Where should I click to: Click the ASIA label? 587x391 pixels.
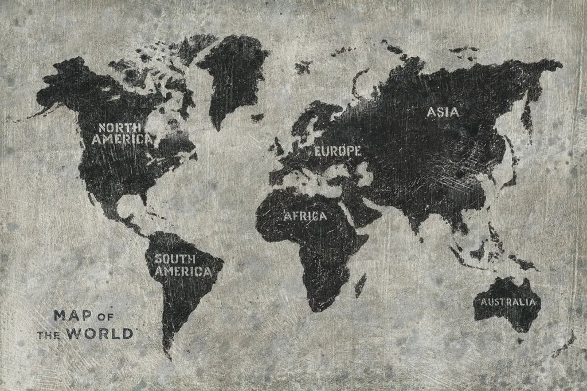[x=443, y=112]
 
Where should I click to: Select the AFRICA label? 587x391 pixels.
[x=306, y=216]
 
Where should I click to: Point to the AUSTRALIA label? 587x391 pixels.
[x=508, y=302]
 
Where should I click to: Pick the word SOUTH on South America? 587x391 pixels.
[x=174, y=259]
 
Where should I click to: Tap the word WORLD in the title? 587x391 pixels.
[x=100, y=334]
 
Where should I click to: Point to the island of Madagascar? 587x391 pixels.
[x=360, y=285]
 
